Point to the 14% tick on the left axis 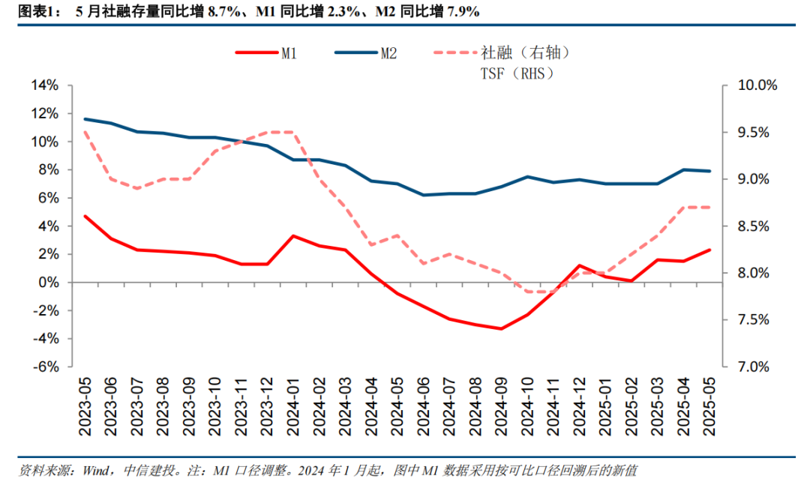pos(43,85)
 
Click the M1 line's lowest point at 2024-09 pos(501,328)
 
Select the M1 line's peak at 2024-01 pos(293,236)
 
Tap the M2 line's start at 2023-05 pos(85,118)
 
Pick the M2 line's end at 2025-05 pos(709,171)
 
